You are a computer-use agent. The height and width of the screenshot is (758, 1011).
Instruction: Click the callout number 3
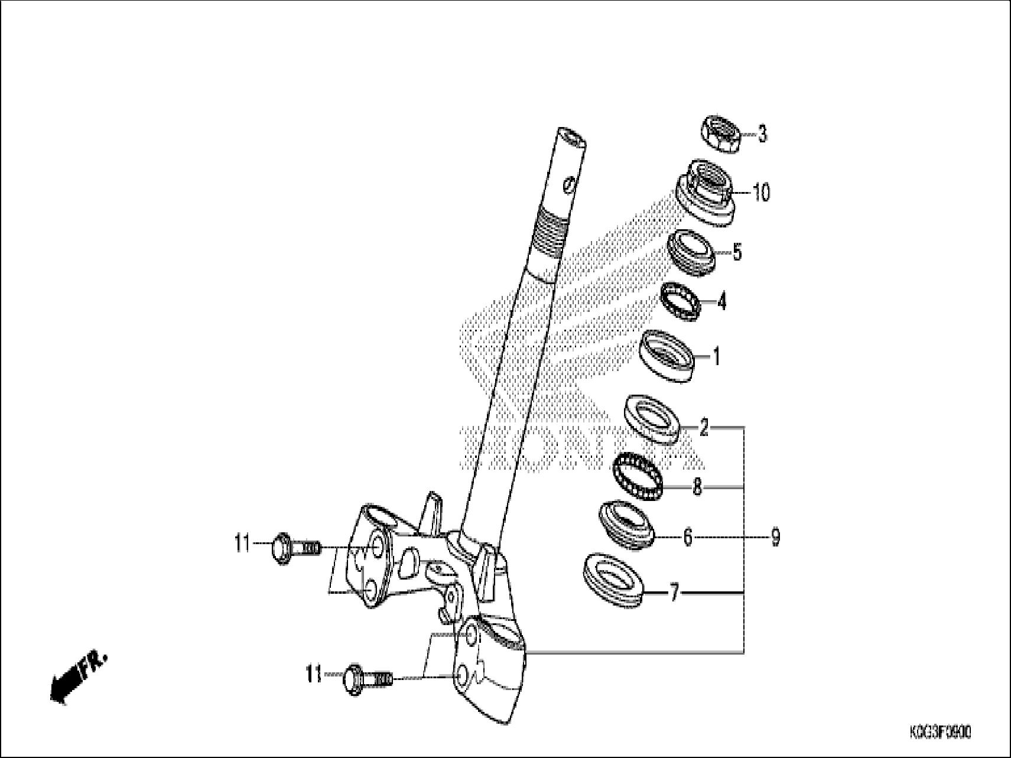click(762, 134)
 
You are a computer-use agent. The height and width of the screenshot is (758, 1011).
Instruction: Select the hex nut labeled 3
click(721, 134)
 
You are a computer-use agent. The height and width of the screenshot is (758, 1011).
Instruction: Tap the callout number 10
click(761, 192)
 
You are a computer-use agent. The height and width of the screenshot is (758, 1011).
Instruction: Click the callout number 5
click(736, 252)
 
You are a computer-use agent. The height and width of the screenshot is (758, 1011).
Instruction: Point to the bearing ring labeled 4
click(680, 302)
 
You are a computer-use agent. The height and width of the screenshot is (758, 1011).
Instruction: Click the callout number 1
click(716, 357)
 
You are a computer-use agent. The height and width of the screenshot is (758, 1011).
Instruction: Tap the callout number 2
click(703, 427)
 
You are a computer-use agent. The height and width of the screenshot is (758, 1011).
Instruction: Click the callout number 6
click(687, 538)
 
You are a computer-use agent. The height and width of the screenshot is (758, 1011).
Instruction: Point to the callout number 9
click(775, 538)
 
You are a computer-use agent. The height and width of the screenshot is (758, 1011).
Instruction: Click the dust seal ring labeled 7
click(612, 581)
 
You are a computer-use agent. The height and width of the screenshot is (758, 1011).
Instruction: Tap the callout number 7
click(674, 592)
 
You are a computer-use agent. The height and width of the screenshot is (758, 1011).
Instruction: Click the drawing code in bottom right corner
click(940, 733)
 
